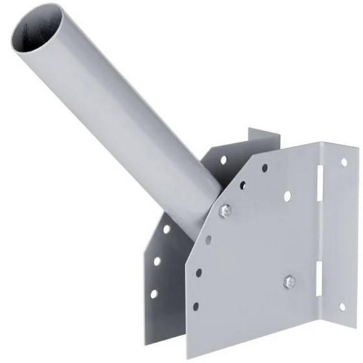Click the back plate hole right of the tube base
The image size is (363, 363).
tap(224, 159)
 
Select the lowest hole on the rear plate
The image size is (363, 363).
tap(154, 294)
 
